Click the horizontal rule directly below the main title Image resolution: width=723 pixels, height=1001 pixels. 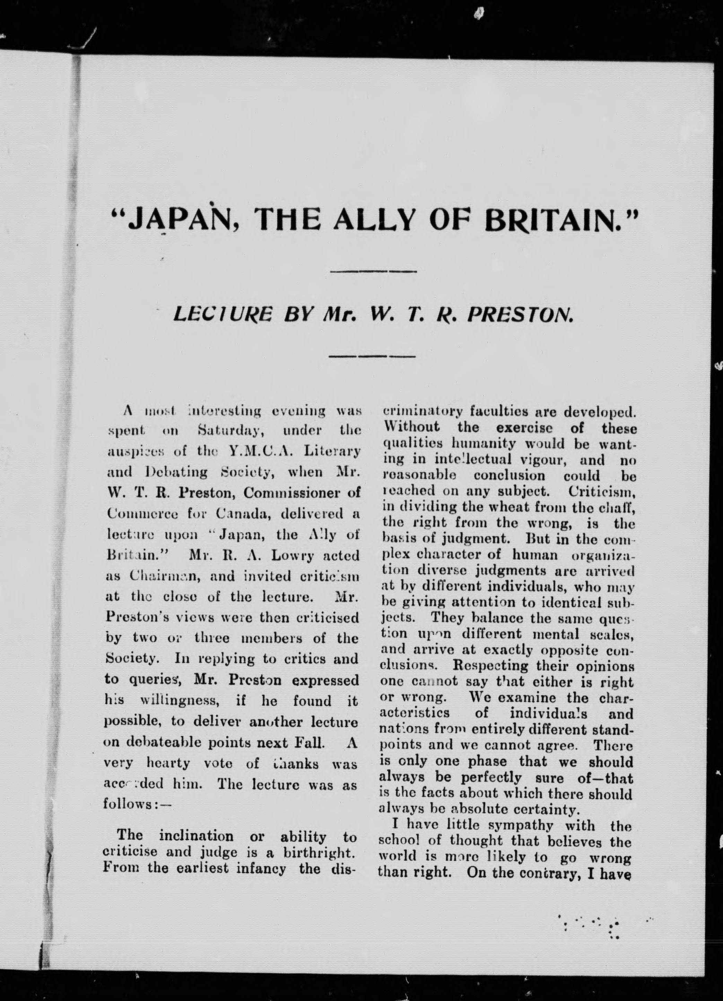pyautogui.click(x=373, y=271)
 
